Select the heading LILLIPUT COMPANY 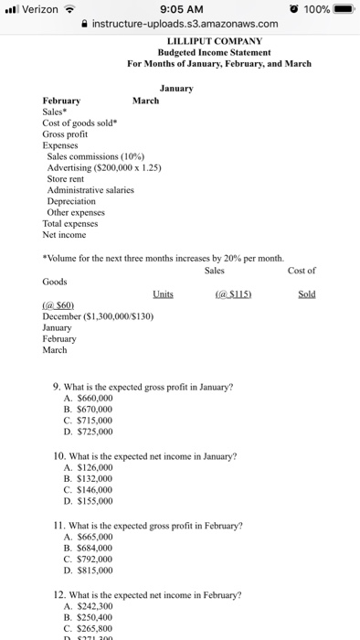pyautogui.click(x=215, y=41)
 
